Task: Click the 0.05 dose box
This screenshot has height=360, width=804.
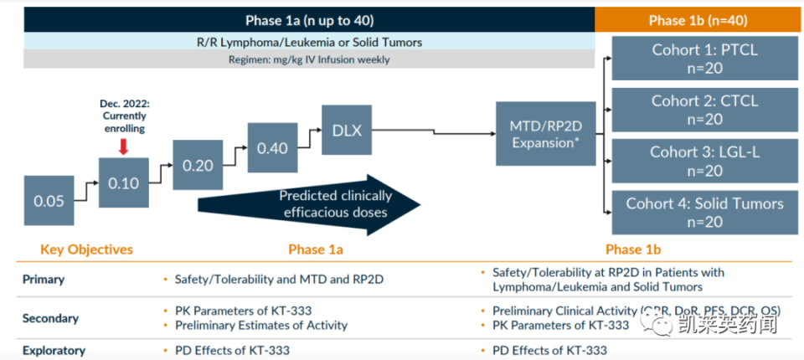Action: point(49,201)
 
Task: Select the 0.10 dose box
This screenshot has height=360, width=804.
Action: point(123,183)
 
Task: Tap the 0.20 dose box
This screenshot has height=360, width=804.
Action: point(198,165)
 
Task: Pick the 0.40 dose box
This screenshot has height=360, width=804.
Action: point(272,147)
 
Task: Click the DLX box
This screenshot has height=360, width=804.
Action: point(347,130)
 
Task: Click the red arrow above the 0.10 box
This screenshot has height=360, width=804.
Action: point(123,147)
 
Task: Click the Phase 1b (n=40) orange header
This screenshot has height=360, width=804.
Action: point(698,20)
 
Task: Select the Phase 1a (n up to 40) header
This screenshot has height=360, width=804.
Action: point(309,20)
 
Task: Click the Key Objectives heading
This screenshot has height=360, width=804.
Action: point(87,249)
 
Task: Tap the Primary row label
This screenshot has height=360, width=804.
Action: point(43,280)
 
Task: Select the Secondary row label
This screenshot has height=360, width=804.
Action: point(50,318)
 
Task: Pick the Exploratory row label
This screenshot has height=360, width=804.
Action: point(54,351)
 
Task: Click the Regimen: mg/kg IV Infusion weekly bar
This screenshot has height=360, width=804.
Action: point(309,59)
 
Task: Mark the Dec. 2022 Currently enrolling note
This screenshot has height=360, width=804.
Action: point(123,116)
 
